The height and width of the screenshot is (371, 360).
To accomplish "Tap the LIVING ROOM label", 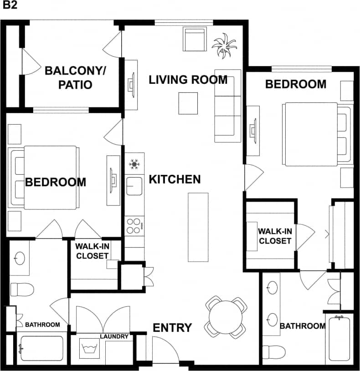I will coord(188,80).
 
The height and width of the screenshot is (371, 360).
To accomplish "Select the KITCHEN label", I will coord(175,179).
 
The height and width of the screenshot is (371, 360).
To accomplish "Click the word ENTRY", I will coord(172,328).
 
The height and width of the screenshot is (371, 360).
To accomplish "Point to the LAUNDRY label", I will coord(114,337).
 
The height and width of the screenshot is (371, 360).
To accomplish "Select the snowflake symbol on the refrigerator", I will coord(134,164).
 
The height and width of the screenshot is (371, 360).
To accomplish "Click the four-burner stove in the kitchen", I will coord(134,225).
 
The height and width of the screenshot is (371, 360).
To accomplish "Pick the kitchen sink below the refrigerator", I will coord(134,186).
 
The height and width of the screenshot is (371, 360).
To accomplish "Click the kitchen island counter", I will coord(198,227).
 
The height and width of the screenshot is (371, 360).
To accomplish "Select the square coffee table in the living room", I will coord(188,103).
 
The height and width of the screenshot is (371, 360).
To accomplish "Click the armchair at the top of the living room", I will coord(195,39).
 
